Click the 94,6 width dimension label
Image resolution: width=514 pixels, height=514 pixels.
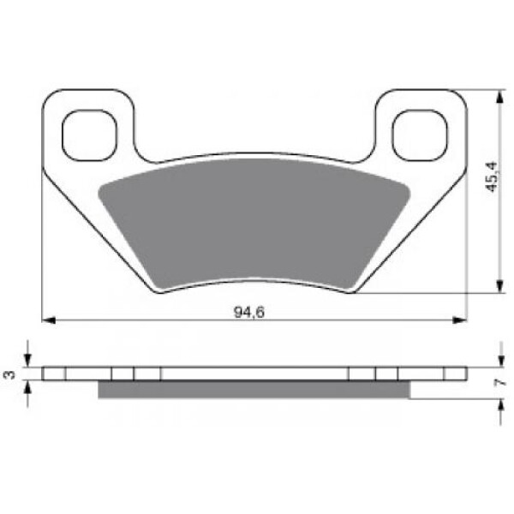click(x=248, y=312)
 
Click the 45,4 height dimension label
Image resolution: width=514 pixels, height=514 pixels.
click(x=492, y=177)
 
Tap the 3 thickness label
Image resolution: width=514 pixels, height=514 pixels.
click(x=9, y=374)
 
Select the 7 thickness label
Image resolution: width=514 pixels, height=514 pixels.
click(x=499, y=382)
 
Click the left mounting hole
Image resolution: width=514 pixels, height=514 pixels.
click(x=89, y=135)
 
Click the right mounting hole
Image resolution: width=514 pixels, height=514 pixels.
click(x=420, y=135)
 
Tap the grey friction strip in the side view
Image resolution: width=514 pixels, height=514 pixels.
click(x=254, y=390)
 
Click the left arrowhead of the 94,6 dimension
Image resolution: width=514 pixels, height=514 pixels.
click(x=49, y=320)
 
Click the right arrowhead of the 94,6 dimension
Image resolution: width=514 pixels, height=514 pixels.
click(x=459, y=320)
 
